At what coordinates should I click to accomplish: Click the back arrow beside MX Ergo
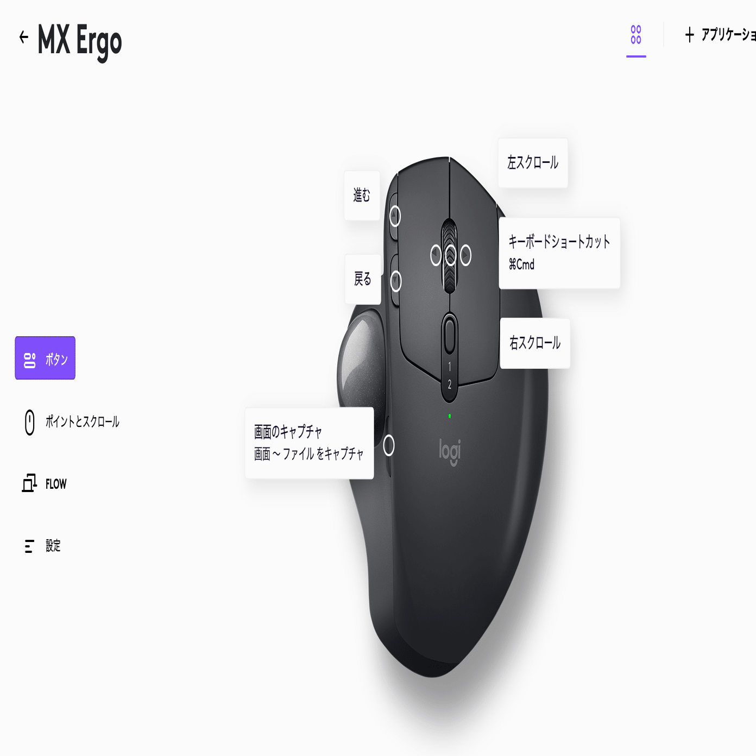23,37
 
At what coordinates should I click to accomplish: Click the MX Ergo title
80,40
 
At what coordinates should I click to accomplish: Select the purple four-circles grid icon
636,35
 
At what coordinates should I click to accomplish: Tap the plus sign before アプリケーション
689,35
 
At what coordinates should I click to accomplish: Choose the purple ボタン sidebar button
45,358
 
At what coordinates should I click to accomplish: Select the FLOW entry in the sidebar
55,484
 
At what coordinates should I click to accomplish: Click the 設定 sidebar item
53,546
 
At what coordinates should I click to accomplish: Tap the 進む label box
362,195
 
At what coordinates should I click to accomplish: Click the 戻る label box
363,279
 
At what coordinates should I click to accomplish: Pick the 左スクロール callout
533,163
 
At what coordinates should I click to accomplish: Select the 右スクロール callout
535,343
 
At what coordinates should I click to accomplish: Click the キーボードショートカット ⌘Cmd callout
559,253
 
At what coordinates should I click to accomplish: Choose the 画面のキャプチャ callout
309,443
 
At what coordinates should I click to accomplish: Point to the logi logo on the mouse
450,451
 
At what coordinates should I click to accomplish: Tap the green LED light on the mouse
450,416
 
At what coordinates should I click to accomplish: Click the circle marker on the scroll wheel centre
450,255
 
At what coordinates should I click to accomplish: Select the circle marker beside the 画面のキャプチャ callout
389,445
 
